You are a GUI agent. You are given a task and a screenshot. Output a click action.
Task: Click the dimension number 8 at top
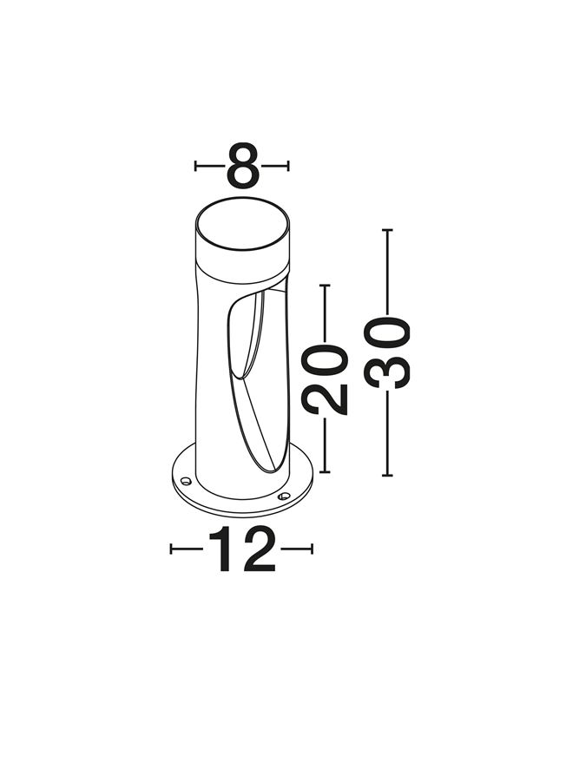(x=243, y=166)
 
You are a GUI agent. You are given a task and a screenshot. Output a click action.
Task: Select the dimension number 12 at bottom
(x=242, y=549)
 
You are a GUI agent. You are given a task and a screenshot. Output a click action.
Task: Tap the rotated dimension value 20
(x=325, y=379)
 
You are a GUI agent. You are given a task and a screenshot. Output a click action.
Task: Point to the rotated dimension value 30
(x=387, y=352)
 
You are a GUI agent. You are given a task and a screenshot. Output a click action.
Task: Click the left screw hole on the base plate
(x=186, y=481)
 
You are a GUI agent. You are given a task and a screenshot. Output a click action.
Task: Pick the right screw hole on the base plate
(x=284, y=497)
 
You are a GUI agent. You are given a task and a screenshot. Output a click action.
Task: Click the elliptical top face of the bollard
(x=243, y=224)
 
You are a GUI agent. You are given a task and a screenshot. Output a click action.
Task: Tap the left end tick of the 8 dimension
(x=195, y=166)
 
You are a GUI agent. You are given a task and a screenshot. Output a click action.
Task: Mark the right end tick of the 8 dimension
(x=288, y=166)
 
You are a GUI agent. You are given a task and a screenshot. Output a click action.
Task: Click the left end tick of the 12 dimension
(x=171, y=549)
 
